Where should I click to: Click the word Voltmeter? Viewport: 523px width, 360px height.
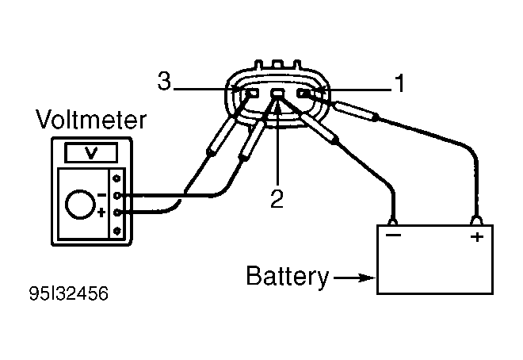tap(91, 119)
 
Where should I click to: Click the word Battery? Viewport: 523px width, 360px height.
tap(288, 277)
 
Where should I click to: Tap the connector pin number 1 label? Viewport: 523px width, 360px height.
tap(399, 83)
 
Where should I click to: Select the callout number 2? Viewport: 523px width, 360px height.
tap(277, 199)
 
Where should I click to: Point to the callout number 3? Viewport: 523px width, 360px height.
tap(164, 81)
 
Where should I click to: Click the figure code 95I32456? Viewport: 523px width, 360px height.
tap(69, 293)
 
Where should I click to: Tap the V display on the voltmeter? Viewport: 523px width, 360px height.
tap(91, 153)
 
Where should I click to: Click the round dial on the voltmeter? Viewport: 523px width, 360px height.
tap(80, 205)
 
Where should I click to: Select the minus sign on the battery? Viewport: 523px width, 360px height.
tap(393, 236)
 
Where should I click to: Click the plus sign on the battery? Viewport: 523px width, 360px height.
tap(477, 236)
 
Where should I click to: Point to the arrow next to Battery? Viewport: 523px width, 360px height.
tap(355, 278)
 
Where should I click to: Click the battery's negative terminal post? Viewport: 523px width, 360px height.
tap(393, 221)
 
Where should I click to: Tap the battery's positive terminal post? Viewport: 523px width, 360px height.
tap(476, 220)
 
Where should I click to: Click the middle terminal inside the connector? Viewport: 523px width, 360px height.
tap(277, 93)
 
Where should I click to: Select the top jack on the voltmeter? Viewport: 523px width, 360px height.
tap(116, 178)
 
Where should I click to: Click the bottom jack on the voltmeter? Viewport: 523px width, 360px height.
tap(116, 231)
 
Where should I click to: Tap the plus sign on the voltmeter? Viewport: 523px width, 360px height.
tap(101, 213)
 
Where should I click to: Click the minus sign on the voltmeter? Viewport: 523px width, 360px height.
tap(101, 195)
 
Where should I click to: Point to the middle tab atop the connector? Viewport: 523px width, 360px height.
tap(277, 63)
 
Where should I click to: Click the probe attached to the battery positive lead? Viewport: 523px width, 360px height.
tap(357, 111)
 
